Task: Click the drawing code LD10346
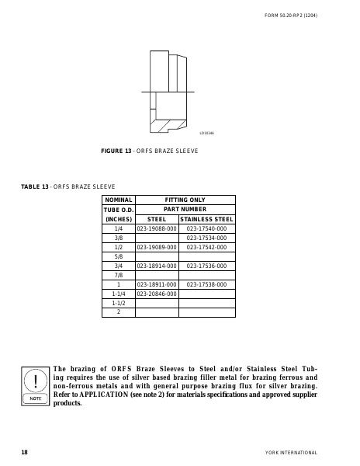tap(206, 133)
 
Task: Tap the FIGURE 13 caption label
tap(117, 150)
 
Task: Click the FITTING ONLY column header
tap(185, 200)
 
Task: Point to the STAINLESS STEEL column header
tap(206, 219)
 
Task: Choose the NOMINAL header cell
tap(119, 200)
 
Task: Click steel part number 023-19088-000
tap(157, 229)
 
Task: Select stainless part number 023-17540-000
tap(206, 229)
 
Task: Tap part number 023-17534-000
tap(206, 238)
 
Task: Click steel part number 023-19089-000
tap(157, 247)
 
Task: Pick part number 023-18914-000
tap(157, 266)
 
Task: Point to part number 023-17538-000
tap(206, 285)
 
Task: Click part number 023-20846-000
tap(157, 294)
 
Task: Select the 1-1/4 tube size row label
tap(119, 294)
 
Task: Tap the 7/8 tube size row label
tap(119, 275)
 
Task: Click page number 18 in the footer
tap(25, 451)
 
